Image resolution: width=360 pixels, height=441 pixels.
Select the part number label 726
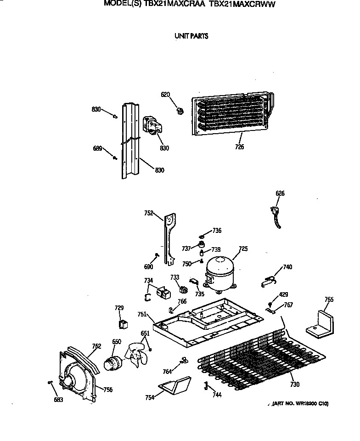(239, 147)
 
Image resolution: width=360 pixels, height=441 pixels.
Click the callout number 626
(280, 193)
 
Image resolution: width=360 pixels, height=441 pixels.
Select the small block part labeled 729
(123, 324)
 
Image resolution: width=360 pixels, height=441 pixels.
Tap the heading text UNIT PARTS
(191, 36)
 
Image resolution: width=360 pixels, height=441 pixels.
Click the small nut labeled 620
(180, 110)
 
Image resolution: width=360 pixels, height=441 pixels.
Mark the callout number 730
(294, 384)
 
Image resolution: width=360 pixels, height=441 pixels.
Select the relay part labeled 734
(162, 292)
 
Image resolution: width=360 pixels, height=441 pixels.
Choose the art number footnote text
(300, 403)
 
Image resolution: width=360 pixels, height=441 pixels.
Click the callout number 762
(96, 346)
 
